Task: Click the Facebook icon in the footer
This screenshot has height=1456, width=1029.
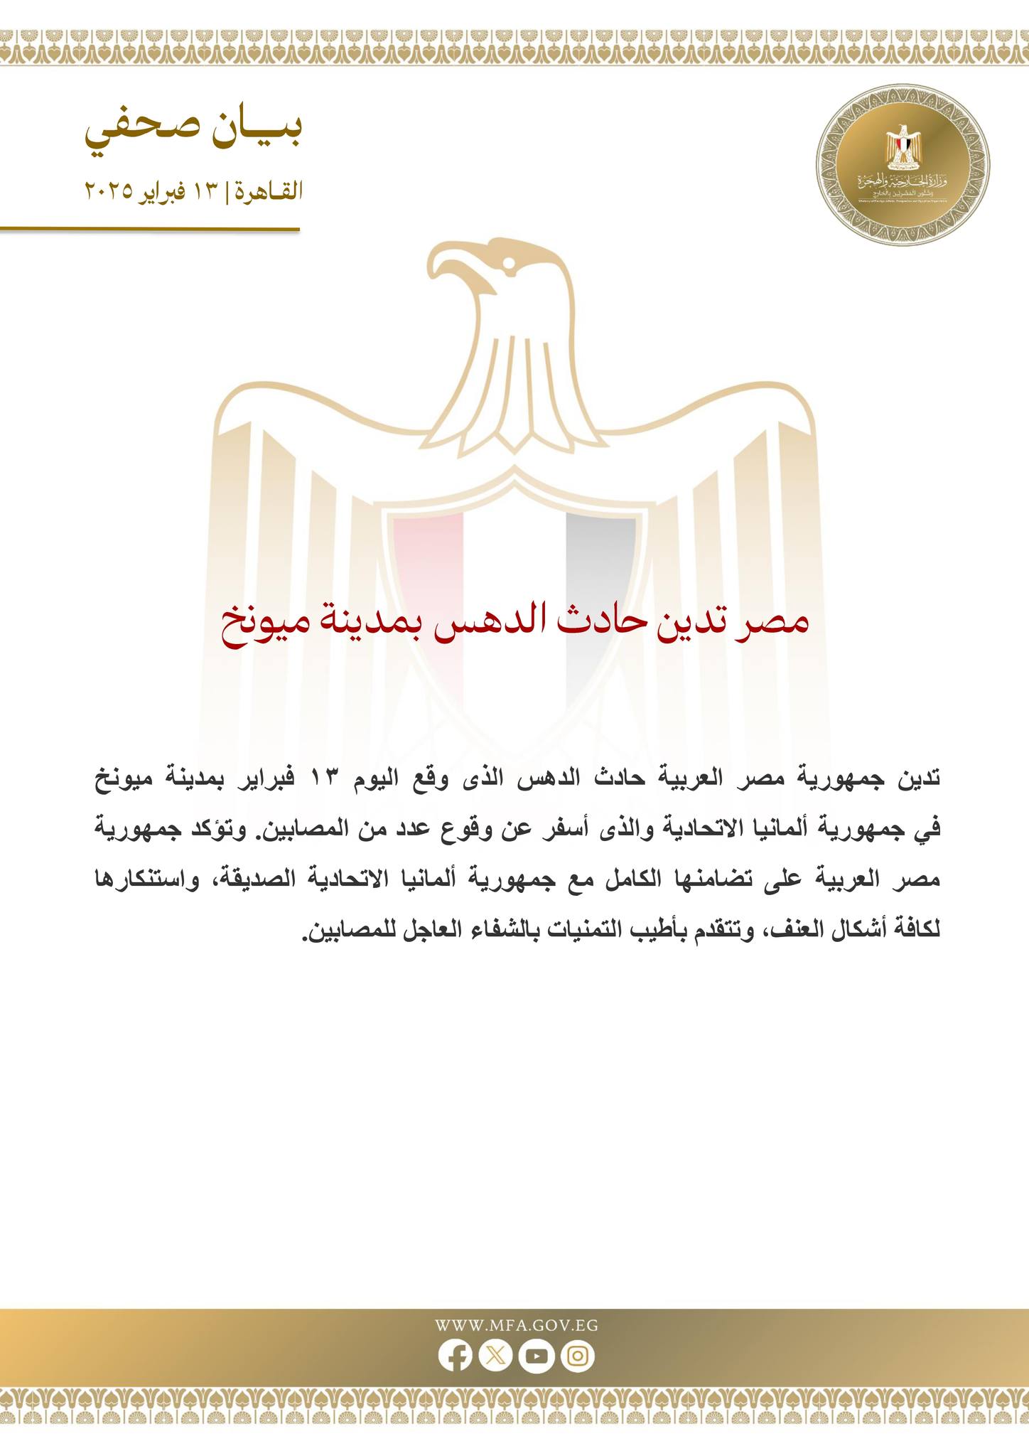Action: (x=455, y=1356)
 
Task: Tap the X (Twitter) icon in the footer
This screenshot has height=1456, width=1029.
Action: (x=495, y=1356)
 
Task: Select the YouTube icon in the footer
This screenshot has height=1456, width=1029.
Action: (x=537, y=1356)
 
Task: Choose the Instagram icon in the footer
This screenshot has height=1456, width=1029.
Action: (x=578, y=1356)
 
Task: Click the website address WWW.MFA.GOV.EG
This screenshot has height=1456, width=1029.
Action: (x=516, y=1325)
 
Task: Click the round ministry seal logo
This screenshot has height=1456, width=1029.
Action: (x=903, y=166)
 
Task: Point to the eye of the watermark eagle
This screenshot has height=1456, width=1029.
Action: (x=509, y=263)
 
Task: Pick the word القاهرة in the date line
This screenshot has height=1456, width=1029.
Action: (x=271, y=191)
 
